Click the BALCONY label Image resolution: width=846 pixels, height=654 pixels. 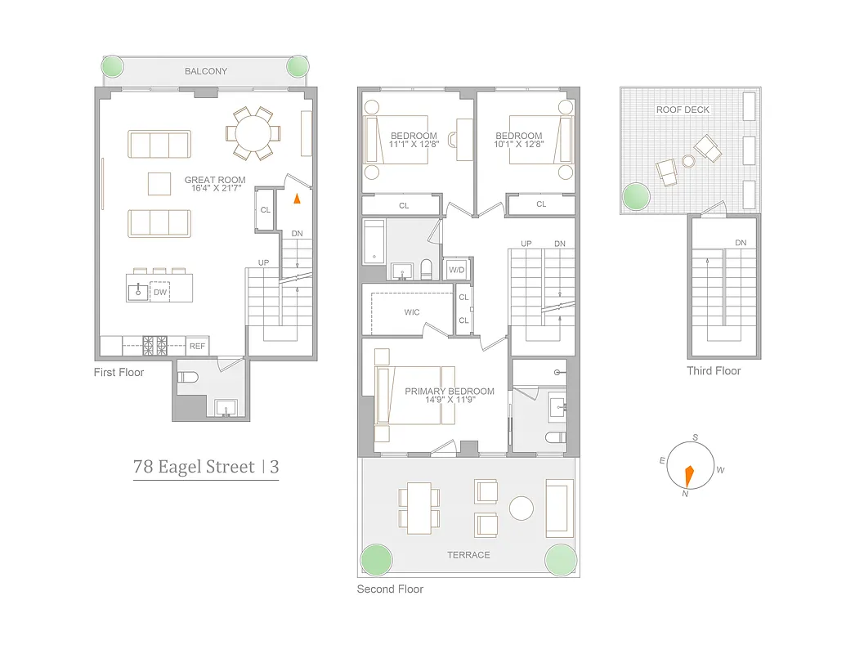[x=206, y=72]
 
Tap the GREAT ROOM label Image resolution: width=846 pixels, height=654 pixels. [x=214, y=180]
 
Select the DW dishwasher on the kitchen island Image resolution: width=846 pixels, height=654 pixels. [x=160, y=291]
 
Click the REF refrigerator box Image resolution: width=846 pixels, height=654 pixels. [x=197, y=347]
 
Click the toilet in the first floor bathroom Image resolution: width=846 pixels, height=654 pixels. [x=189, y=378]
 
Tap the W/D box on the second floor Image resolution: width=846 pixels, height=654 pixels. [x=456, y=269]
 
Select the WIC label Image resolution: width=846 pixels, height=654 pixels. [x=412, y=312]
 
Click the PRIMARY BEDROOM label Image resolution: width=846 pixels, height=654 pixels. [x=450, y=392]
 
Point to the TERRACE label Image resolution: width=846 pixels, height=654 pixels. [x=468, y=555]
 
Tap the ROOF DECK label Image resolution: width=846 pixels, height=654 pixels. [x=683, y=110]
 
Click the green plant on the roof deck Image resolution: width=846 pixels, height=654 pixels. [x=636, y=196]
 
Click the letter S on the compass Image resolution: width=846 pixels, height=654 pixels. [x=695, y=438]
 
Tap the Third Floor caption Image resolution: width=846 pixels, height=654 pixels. [x=714, y=371]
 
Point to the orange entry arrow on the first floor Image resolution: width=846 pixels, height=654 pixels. [x=298, y=197]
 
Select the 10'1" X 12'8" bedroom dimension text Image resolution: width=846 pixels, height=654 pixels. [x=518, y=146]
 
